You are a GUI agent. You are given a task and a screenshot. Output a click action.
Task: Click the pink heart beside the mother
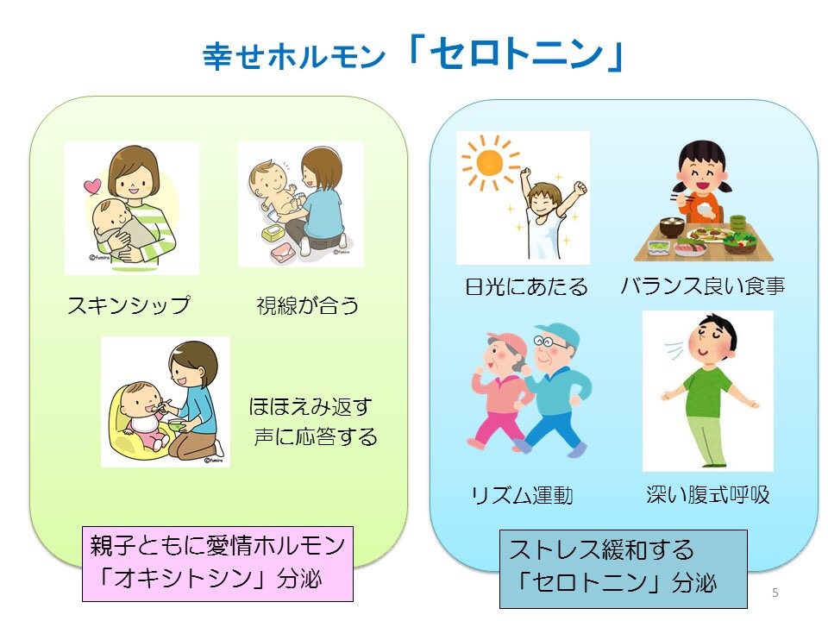click(x=92, y=186)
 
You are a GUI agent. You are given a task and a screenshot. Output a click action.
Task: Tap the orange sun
click(x=490, y=162)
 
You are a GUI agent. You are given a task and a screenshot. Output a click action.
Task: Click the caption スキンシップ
click(x=129, y=305)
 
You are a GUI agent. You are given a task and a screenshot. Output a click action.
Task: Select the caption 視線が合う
click(x=307, y=305)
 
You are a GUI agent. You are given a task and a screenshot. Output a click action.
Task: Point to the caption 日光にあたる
click(x=526, y=286)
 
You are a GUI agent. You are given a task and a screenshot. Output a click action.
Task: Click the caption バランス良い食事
click(x=703, y=285)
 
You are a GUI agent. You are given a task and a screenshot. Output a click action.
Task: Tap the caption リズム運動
click(x=522, y=495)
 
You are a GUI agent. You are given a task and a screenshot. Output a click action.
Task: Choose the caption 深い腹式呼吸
click(x=707, y=494)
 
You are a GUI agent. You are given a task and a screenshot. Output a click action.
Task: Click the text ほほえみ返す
click(x=310, y=406)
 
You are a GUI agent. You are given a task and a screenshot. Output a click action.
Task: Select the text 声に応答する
click(x=316, y=436)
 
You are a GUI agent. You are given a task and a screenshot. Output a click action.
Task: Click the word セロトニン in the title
click(x=517, y=53)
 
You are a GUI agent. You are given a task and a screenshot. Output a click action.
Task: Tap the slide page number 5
click(x=775, y=593)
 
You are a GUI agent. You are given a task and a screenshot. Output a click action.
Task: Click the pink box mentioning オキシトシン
click(x=217, y=563)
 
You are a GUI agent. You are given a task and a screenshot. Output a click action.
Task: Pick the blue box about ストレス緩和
click(x=623, y=568)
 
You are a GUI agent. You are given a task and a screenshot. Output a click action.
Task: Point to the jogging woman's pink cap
click(x=508, y=342)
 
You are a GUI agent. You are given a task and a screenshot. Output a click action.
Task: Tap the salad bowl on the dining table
click(x=740, y=241)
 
